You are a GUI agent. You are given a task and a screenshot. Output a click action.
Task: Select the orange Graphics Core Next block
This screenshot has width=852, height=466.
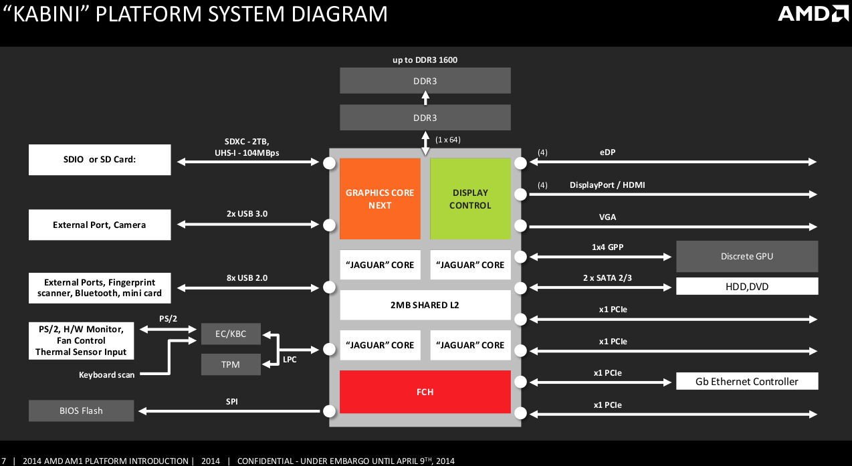[380, 199]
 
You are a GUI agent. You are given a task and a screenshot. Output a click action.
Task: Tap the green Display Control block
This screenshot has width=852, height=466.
[470, 199]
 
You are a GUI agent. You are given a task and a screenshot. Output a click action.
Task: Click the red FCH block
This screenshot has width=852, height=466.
[425, 392]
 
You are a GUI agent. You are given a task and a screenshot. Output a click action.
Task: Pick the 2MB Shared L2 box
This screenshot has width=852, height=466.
[425, 305]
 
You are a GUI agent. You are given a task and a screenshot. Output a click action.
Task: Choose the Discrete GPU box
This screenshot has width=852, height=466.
[747, 257]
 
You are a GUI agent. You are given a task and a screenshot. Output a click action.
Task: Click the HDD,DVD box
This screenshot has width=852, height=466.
[747, 286]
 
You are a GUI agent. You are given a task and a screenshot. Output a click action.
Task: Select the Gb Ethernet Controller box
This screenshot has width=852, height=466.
[747, 381]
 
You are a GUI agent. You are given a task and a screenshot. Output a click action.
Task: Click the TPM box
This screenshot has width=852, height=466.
[231, 364]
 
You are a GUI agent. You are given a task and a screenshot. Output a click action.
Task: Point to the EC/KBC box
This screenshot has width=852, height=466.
[231, 334]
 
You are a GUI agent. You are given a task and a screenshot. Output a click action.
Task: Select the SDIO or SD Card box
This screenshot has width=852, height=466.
[100, 161]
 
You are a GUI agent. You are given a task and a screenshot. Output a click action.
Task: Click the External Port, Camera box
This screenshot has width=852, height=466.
[100, 225]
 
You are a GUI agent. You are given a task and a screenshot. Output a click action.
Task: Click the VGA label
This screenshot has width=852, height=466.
[607, 217]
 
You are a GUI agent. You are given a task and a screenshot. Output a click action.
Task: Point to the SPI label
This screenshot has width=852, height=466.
[231, 402]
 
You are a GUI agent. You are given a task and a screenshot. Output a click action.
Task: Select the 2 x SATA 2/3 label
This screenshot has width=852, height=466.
[607, 277]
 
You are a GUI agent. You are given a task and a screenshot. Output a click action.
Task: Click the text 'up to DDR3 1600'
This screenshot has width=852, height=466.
[425, 60]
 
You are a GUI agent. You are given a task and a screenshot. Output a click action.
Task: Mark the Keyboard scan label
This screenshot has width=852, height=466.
[106, 375]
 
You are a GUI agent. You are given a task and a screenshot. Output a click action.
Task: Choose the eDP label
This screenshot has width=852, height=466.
[608, 152]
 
